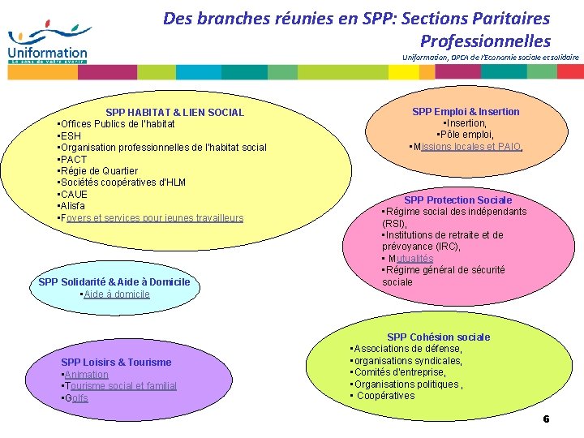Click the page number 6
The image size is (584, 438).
pos(546,419)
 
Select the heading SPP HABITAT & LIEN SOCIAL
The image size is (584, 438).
pos(174,113)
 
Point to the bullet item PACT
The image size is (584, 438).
pos(74,160)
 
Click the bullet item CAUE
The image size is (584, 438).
pos(75,195)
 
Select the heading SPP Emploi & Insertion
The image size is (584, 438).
pos(466,112)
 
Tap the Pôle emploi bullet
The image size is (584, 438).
pos(466,135)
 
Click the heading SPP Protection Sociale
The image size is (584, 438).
pos(457,200)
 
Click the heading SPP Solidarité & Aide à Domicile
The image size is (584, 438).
pos(114,282)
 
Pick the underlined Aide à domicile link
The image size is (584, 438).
pos(118,294)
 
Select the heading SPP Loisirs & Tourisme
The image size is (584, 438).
pos(116,363)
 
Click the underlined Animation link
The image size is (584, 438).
pos(86,375)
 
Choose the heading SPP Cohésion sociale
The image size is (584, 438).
pos(438,337)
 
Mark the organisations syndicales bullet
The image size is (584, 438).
pos(408,361)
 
